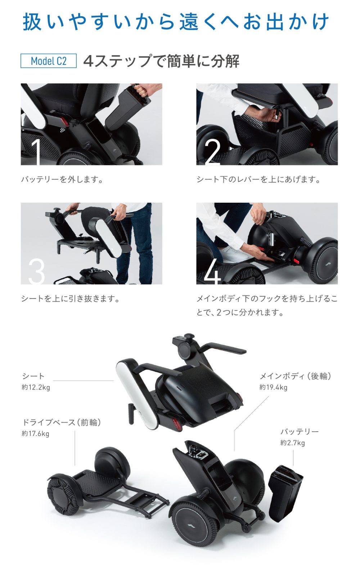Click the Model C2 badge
pyautogui.click(x=49, y=61)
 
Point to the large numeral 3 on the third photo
pyautogui.click(x=36, y=271)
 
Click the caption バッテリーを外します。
pyautogui.click(x=62, y=180)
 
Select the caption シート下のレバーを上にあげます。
pyautogui.click(x=258, y=180)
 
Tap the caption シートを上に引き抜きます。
pyautogui.click(x=70, y=298)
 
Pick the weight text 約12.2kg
pyautogui.click(x=36, y=387)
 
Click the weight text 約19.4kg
pyautogui.click(x=273, y=387)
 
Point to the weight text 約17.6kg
pyautogui.click(x=35, y=433)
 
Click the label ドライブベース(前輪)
pyautogui.click(x=62, y=422)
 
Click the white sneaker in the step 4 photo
pyautogui.click(x=232, y=254)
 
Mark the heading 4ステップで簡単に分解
pyautogui.click(x=161, y=61)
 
